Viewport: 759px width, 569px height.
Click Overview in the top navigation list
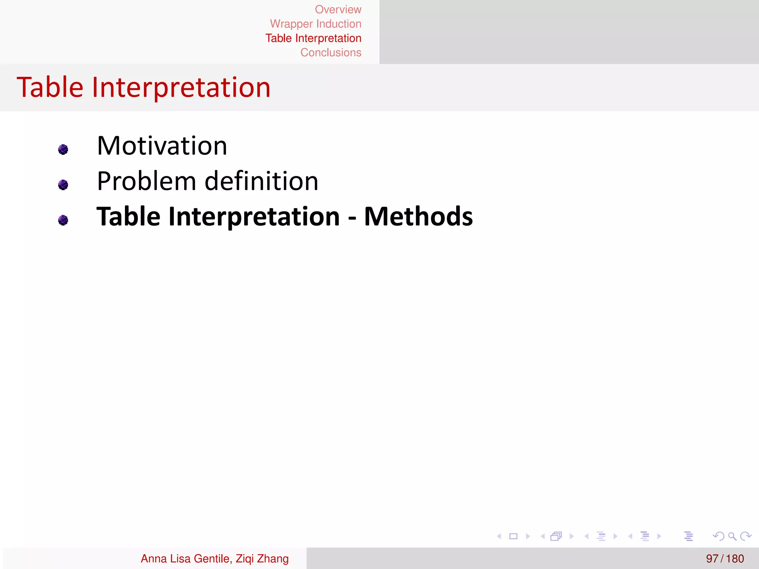click(338, 10)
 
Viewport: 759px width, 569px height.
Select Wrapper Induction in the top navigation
click(315, 24)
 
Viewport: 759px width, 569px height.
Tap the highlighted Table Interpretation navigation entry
click(313, 39)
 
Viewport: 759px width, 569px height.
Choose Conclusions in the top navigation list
click(331, 53)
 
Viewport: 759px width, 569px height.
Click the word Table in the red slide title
click(50, 87)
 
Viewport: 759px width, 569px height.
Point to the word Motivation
click(162, 146)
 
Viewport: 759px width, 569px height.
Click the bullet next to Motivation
click(63, 149)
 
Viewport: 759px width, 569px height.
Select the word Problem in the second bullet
click(146, 182)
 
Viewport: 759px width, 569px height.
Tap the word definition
click(261, 182)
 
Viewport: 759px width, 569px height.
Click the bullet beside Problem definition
click(63, 184)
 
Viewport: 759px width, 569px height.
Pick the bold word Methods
click(418, 217)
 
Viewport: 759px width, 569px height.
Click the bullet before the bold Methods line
click(63, 220)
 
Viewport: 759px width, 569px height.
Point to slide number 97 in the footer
click(712, 559)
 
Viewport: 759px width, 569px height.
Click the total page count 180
click(735, 559)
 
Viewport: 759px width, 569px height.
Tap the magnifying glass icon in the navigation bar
click(732, 536)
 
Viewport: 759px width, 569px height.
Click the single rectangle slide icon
click(513, 536)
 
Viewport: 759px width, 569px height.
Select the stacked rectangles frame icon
click(556, 536)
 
